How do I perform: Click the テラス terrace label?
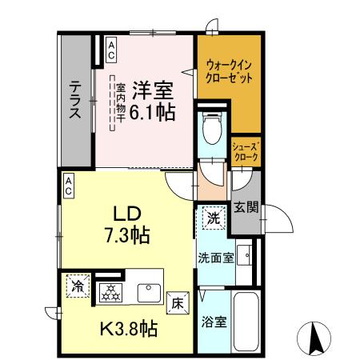(74, 100)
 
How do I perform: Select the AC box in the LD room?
(69, 186)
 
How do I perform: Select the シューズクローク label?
(245, 152)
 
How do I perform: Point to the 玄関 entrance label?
(246, 209)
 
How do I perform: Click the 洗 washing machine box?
(213, 216)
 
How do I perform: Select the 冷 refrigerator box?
(78, 286)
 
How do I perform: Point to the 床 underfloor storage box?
(178, 303)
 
